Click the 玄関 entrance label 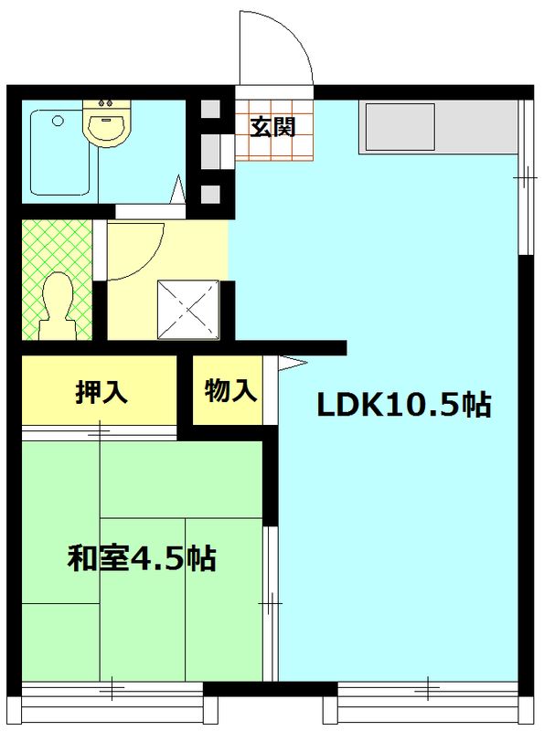click(272, 127)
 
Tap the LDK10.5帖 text click(403, 405)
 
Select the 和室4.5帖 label click(142, 556)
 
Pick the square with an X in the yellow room click(188, 308)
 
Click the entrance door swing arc click(274, 50)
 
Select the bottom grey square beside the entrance click(210, 194)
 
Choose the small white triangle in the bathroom click(178, 191)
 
